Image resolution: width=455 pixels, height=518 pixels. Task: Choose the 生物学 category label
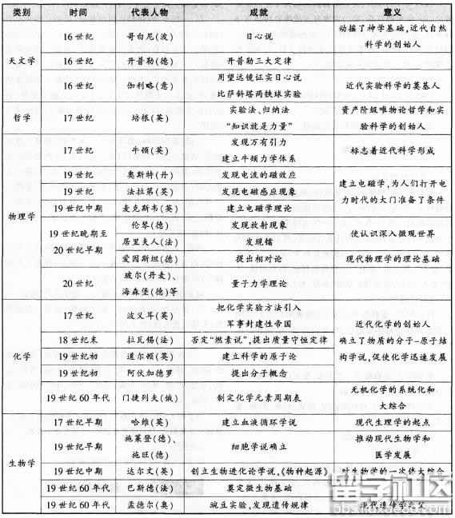pos(18,462)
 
